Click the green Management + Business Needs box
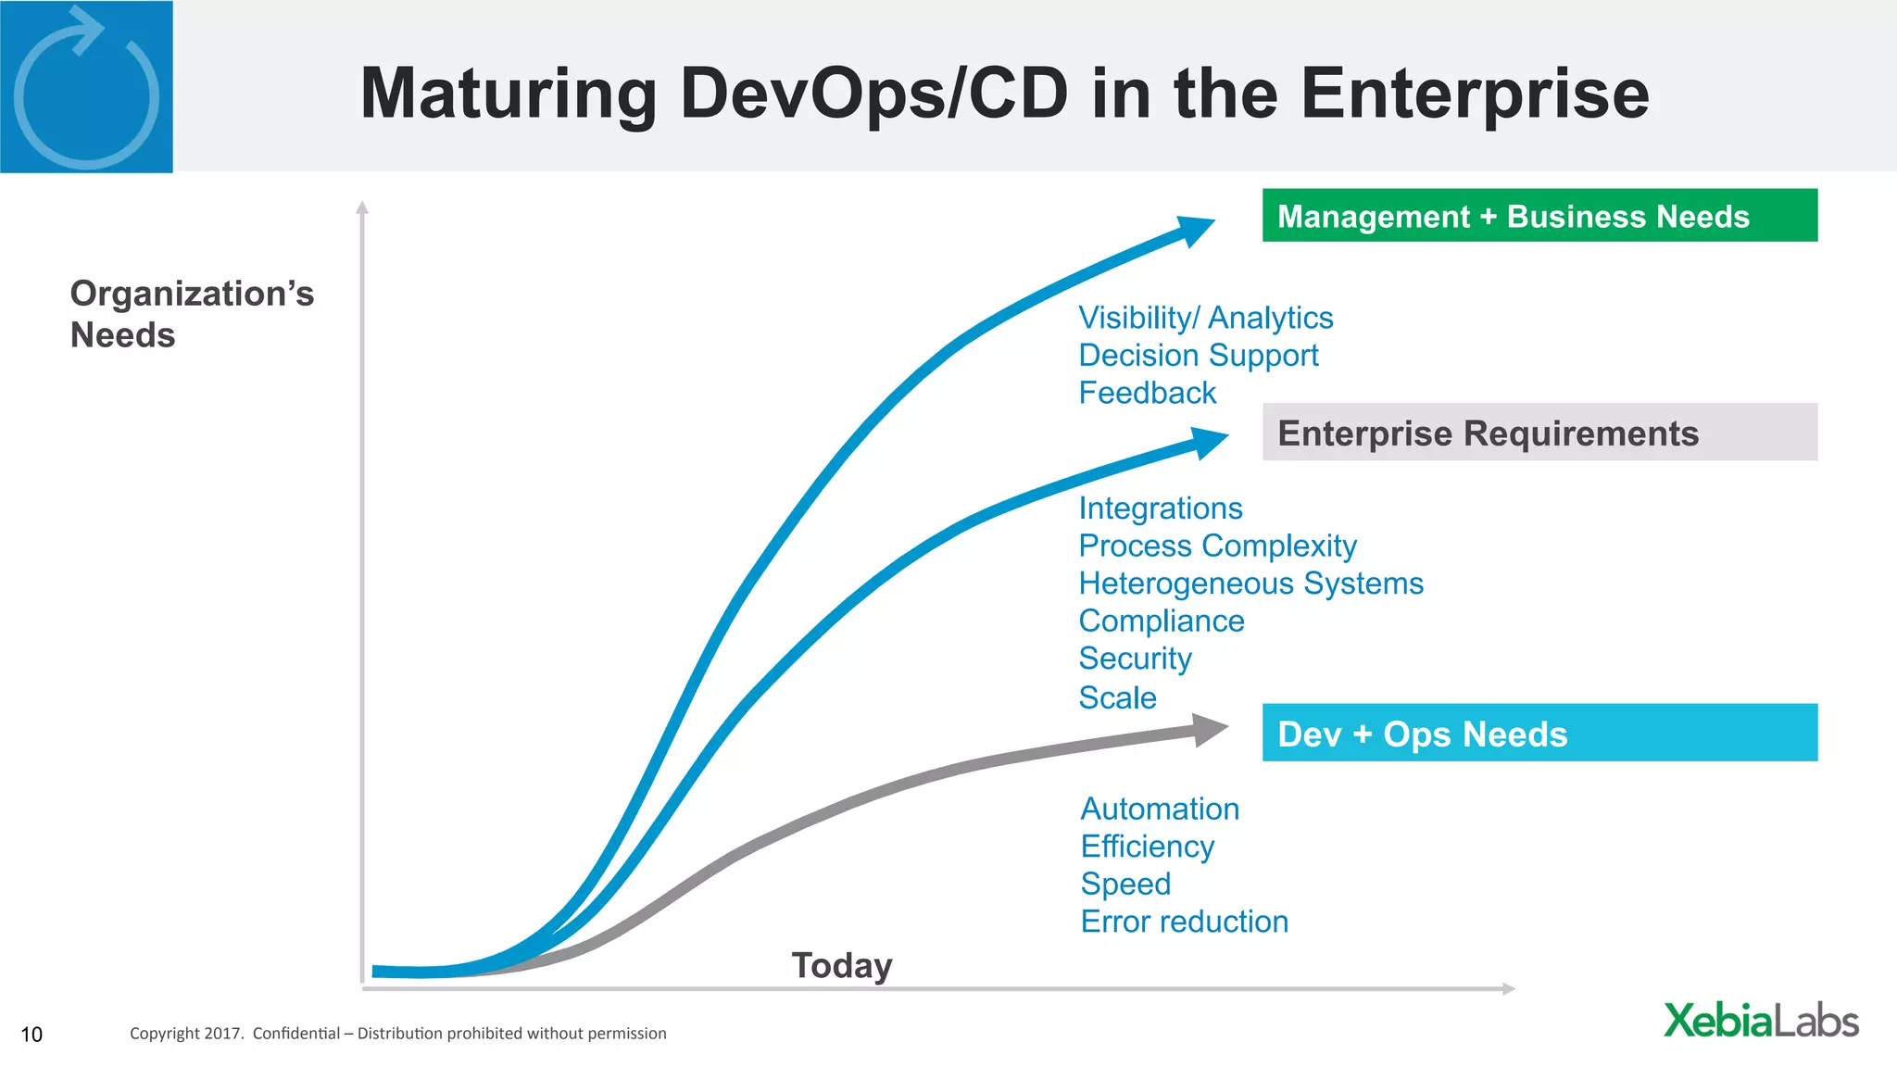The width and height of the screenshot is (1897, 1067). click(1539, 216)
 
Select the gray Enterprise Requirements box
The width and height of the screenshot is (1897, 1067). click(1539, 433)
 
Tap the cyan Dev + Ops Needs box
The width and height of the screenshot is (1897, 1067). click(1539, 733)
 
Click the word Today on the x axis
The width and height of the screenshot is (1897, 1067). click(841, 965)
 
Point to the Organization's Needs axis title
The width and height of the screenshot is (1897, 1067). click(192, 314)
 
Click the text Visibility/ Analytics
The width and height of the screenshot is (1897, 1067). click(1205, 318)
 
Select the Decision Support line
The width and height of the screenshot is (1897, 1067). click(1198, 356)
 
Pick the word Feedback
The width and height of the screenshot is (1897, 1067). click(1147, 393)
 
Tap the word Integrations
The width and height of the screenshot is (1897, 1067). click(1160, 508)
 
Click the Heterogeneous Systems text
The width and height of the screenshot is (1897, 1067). click(1250, 584)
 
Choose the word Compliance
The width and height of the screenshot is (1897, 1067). click(1161, 621)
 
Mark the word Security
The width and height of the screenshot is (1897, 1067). click(1135, 659)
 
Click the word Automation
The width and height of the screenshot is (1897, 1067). click(1159, 809)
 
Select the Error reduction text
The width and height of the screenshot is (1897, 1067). click(1184, 922)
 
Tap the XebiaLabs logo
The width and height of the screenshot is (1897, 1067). click(1761, 1021)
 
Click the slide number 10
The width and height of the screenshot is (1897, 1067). click(31, 1035)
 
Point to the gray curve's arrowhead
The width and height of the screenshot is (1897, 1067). click(1210, 730)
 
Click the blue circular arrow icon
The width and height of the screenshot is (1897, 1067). click(86, 89)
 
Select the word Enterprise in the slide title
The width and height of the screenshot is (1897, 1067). click(1475, 94)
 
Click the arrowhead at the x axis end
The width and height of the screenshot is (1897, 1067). click(1509, 989)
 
